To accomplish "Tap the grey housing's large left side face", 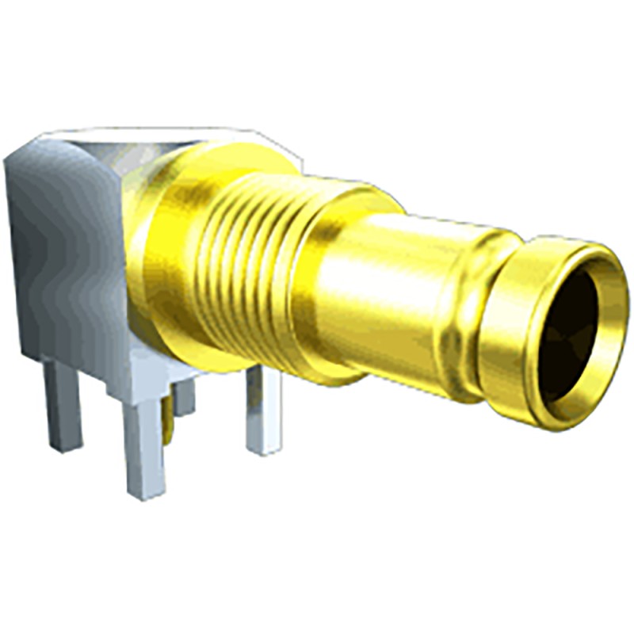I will (x=55, y=254).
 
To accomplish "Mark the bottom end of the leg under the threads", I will (x=264, y=450).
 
